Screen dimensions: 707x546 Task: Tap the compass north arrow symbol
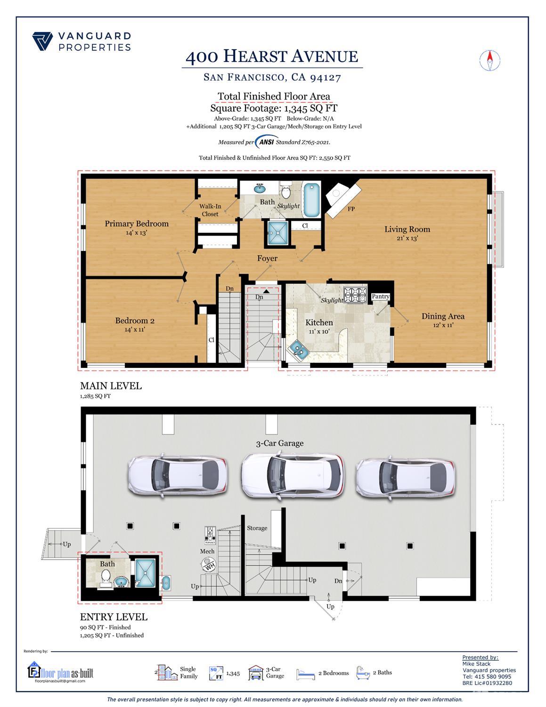pyautogui.click(x=489, y=60)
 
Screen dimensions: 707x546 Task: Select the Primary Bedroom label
pyautogui.click(x=136, y=224)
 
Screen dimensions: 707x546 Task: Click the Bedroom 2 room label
pyautogui.click(x=135, y=321)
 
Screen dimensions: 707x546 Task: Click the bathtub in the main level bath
pyautogui.click(x=311, y=199)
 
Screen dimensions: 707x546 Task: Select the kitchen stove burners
pyautogui.click(x=355, y=295)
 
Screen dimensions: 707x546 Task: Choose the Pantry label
pyautogui.click(x=380, y=296)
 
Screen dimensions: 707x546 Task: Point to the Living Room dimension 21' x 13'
pyautogui.click(x=407, y=239)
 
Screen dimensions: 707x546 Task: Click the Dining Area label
pyautogui.click(x=442, y=316)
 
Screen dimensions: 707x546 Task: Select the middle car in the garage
pyautogui.click(x=292, y=476)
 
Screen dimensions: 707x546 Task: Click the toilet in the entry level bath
pyautogui.click(x=106, y=576)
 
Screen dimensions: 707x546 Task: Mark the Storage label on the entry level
pyautogui.click(x=257, y=528)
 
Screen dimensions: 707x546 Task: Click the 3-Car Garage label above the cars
pyautogui.click(x=279, y=443)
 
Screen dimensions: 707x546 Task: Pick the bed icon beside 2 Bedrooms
pyautogui.click(x=305, y=674)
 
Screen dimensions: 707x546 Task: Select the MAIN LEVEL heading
pyautogui.click(x=111, y=385)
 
